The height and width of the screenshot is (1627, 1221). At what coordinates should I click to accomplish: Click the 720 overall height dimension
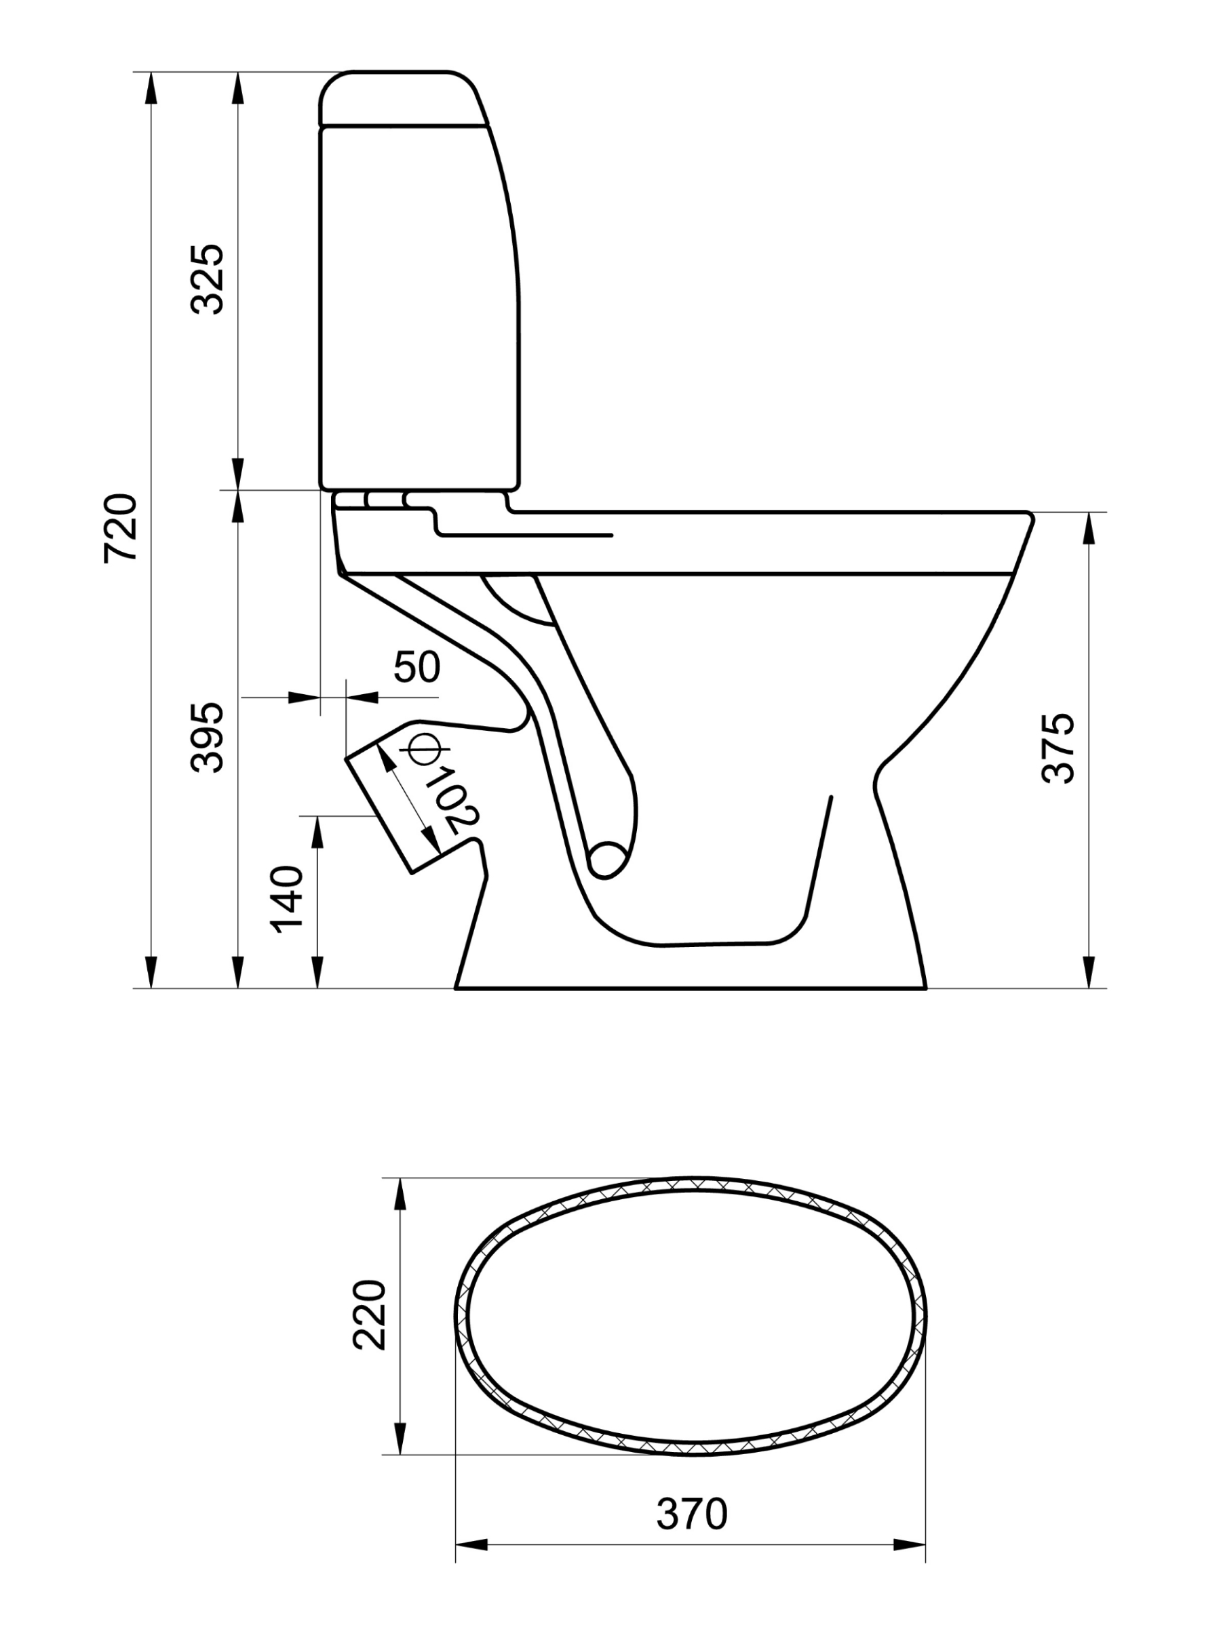click(x=121, y=529)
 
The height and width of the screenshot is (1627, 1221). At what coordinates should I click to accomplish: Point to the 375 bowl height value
click(x=1059, y=748)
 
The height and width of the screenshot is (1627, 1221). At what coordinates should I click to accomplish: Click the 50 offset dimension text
click(x=416, y=667)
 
